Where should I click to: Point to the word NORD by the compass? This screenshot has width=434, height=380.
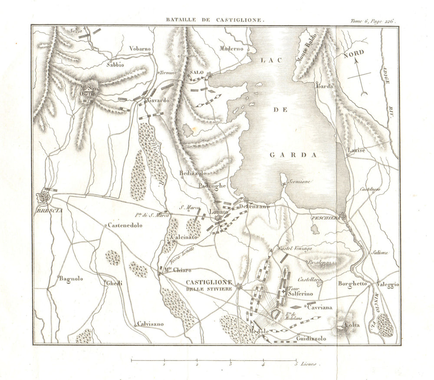point(354,55)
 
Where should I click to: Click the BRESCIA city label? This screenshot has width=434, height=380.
point(50,211)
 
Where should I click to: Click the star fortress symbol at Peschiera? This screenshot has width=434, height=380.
point(343,216)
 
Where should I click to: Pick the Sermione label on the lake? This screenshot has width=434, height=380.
point(300,182)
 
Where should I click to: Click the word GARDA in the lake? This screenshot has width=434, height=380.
point(294,155)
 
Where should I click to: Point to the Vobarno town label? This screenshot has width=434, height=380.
point(140,49)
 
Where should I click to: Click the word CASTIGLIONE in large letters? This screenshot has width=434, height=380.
point(209,282)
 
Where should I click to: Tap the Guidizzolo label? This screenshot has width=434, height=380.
point(311,338)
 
